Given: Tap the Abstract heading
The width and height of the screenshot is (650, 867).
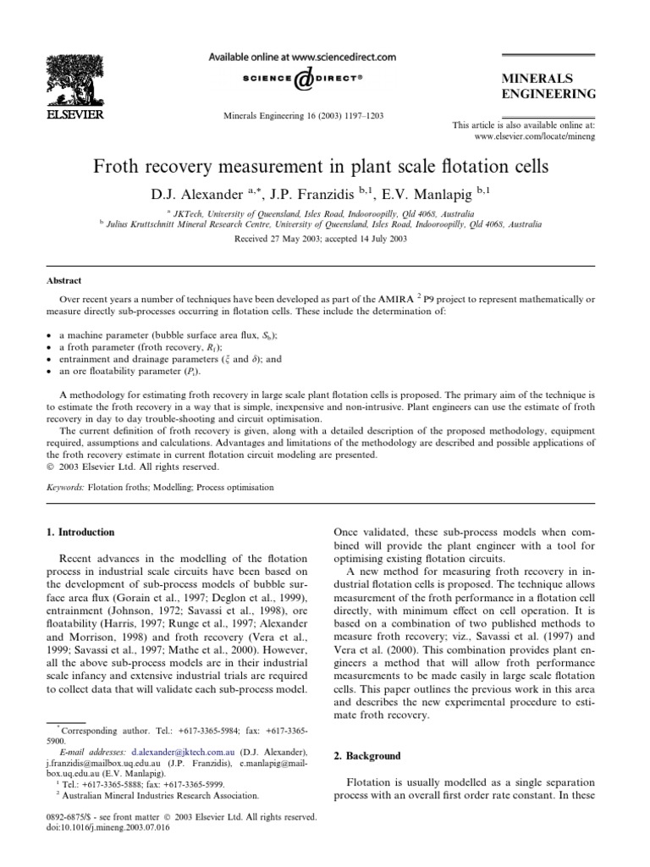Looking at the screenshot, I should (x=63, y=281).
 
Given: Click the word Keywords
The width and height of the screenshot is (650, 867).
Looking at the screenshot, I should (x=64, y=488).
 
